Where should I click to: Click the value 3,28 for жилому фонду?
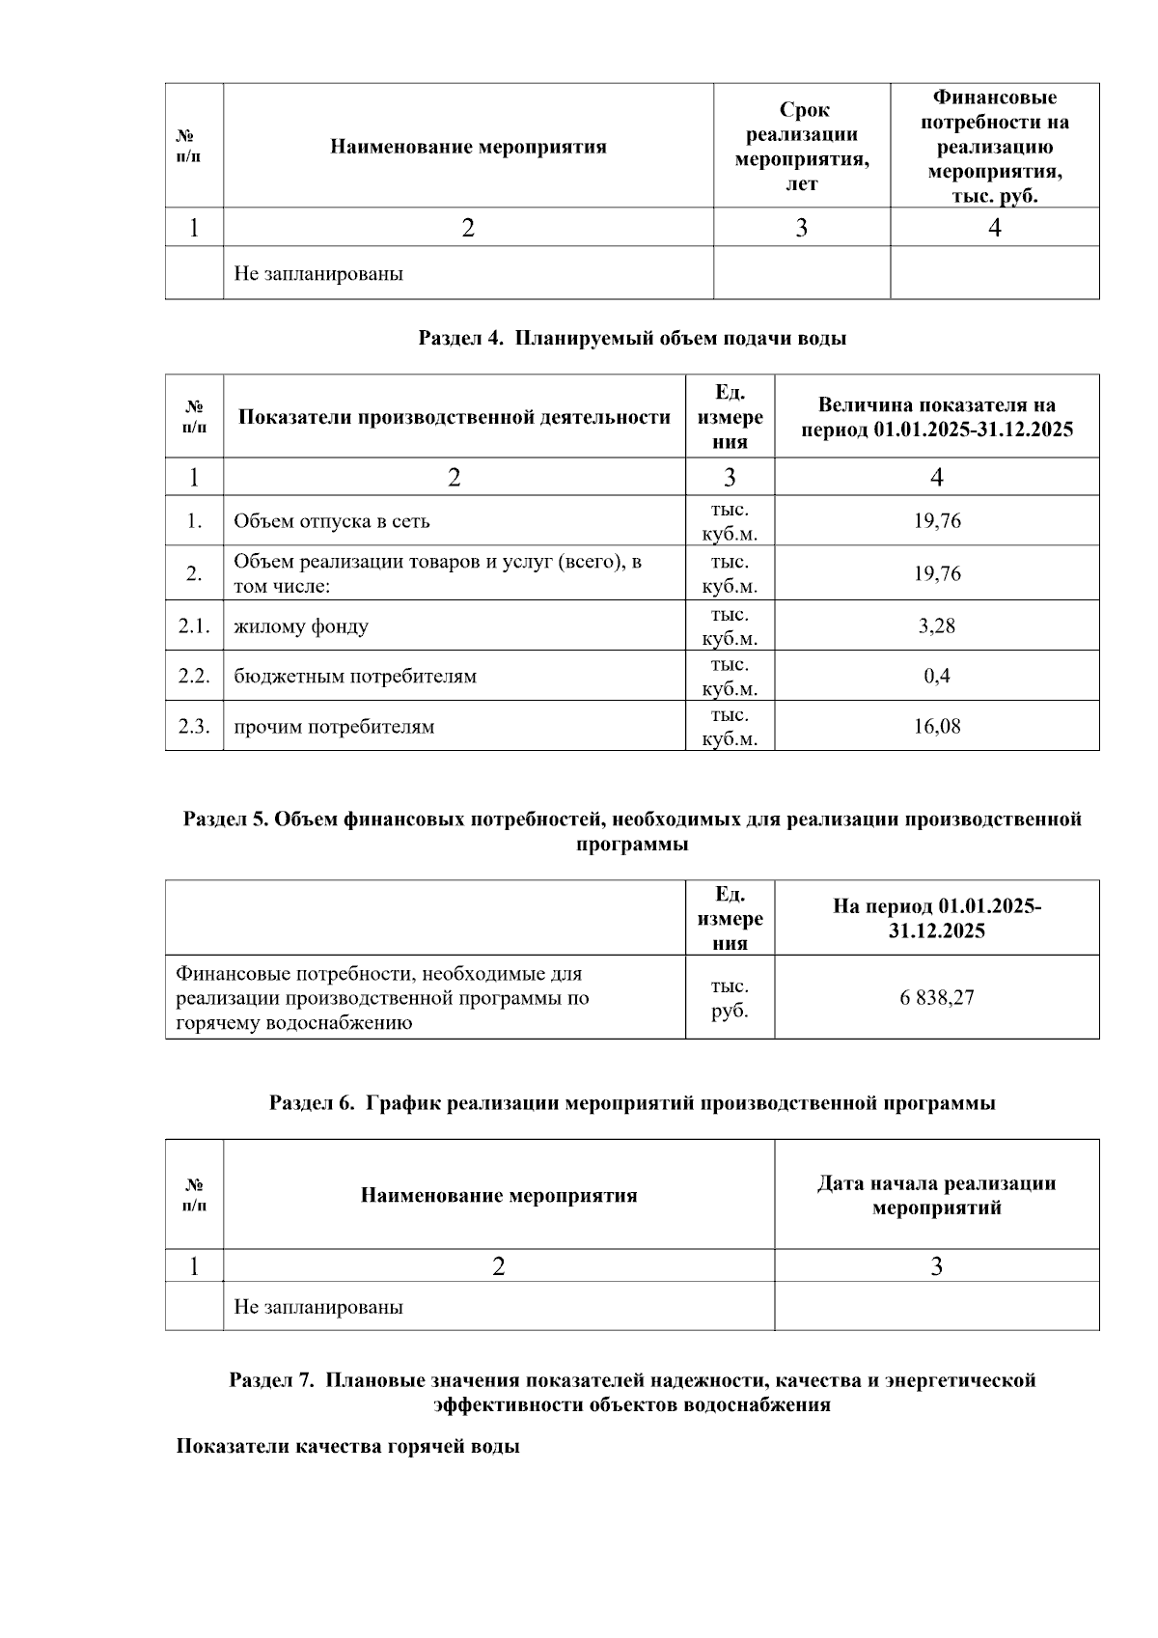point(936,625)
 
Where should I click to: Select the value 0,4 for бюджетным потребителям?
point(936,676)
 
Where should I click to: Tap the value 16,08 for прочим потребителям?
point(936,726)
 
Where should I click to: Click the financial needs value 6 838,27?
point(936,997)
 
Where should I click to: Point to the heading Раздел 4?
point(632,338)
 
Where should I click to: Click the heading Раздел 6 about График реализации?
point(632,1102)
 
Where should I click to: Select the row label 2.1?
point(194,625)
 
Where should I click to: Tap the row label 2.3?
point(194,726)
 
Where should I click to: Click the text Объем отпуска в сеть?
point(332,521)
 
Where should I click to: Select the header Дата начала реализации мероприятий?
point(936,1195)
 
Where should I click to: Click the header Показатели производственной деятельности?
point(454,417)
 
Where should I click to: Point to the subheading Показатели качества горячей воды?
point(347,1446)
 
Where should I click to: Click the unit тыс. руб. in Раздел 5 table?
point(730,998)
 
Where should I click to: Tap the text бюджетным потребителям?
point(355,676)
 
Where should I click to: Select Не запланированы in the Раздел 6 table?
point(318,1307)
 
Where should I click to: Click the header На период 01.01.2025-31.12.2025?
point(936,918)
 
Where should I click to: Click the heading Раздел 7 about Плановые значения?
point(632,1392)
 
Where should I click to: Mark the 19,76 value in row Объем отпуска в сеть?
point(936,521)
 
